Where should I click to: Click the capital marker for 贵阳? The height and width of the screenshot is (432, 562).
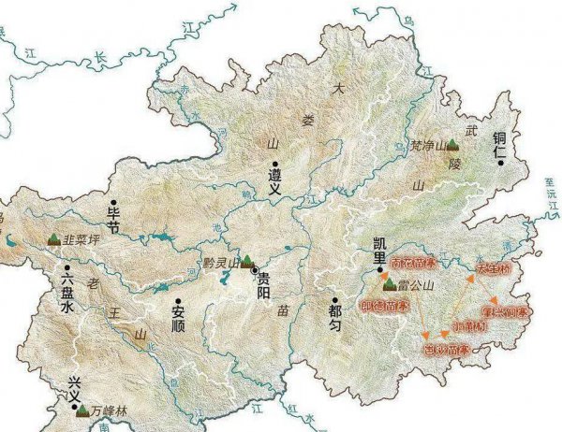[255, 271]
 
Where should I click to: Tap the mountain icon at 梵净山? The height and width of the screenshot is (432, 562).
[452, 145]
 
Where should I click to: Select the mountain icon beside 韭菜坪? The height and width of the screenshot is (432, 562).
[52, 239]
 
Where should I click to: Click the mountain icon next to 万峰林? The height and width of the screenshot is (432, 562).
[82, 410]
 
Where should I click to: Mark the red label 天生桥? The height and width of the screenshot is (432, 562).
[494, 268]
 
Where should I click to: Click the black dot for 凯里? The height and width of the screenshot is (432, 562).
[382, 272]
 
